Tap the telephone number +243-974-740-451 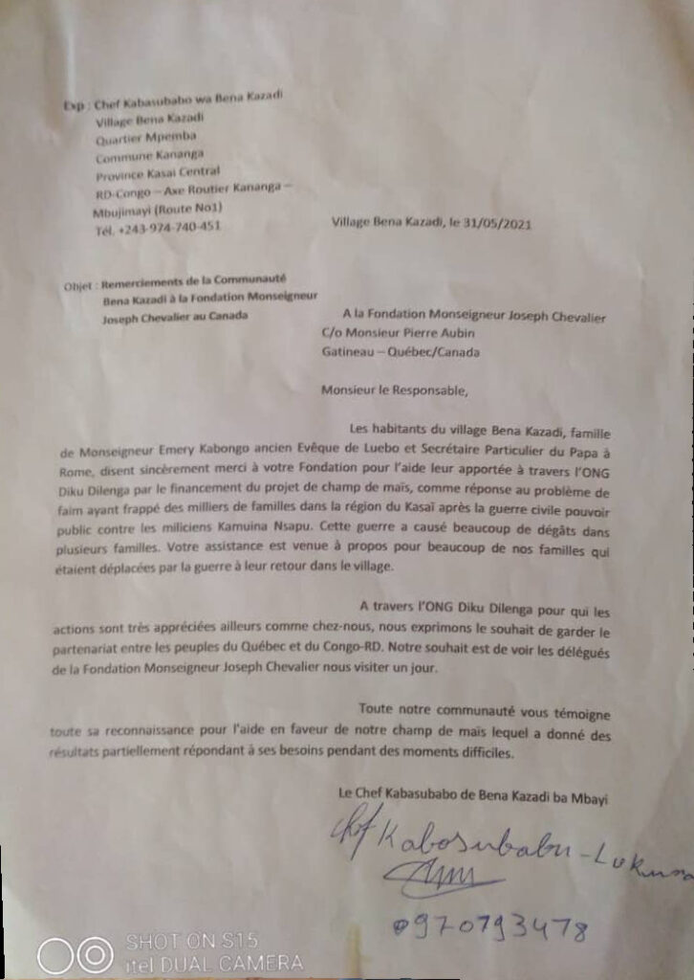[x=158, y=228]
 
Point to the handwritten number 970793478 [x=488, y=927]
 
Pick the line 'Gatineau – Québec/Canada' [x=401, y=351]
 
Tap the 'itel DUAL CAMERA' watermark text [x=215, y=962]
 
